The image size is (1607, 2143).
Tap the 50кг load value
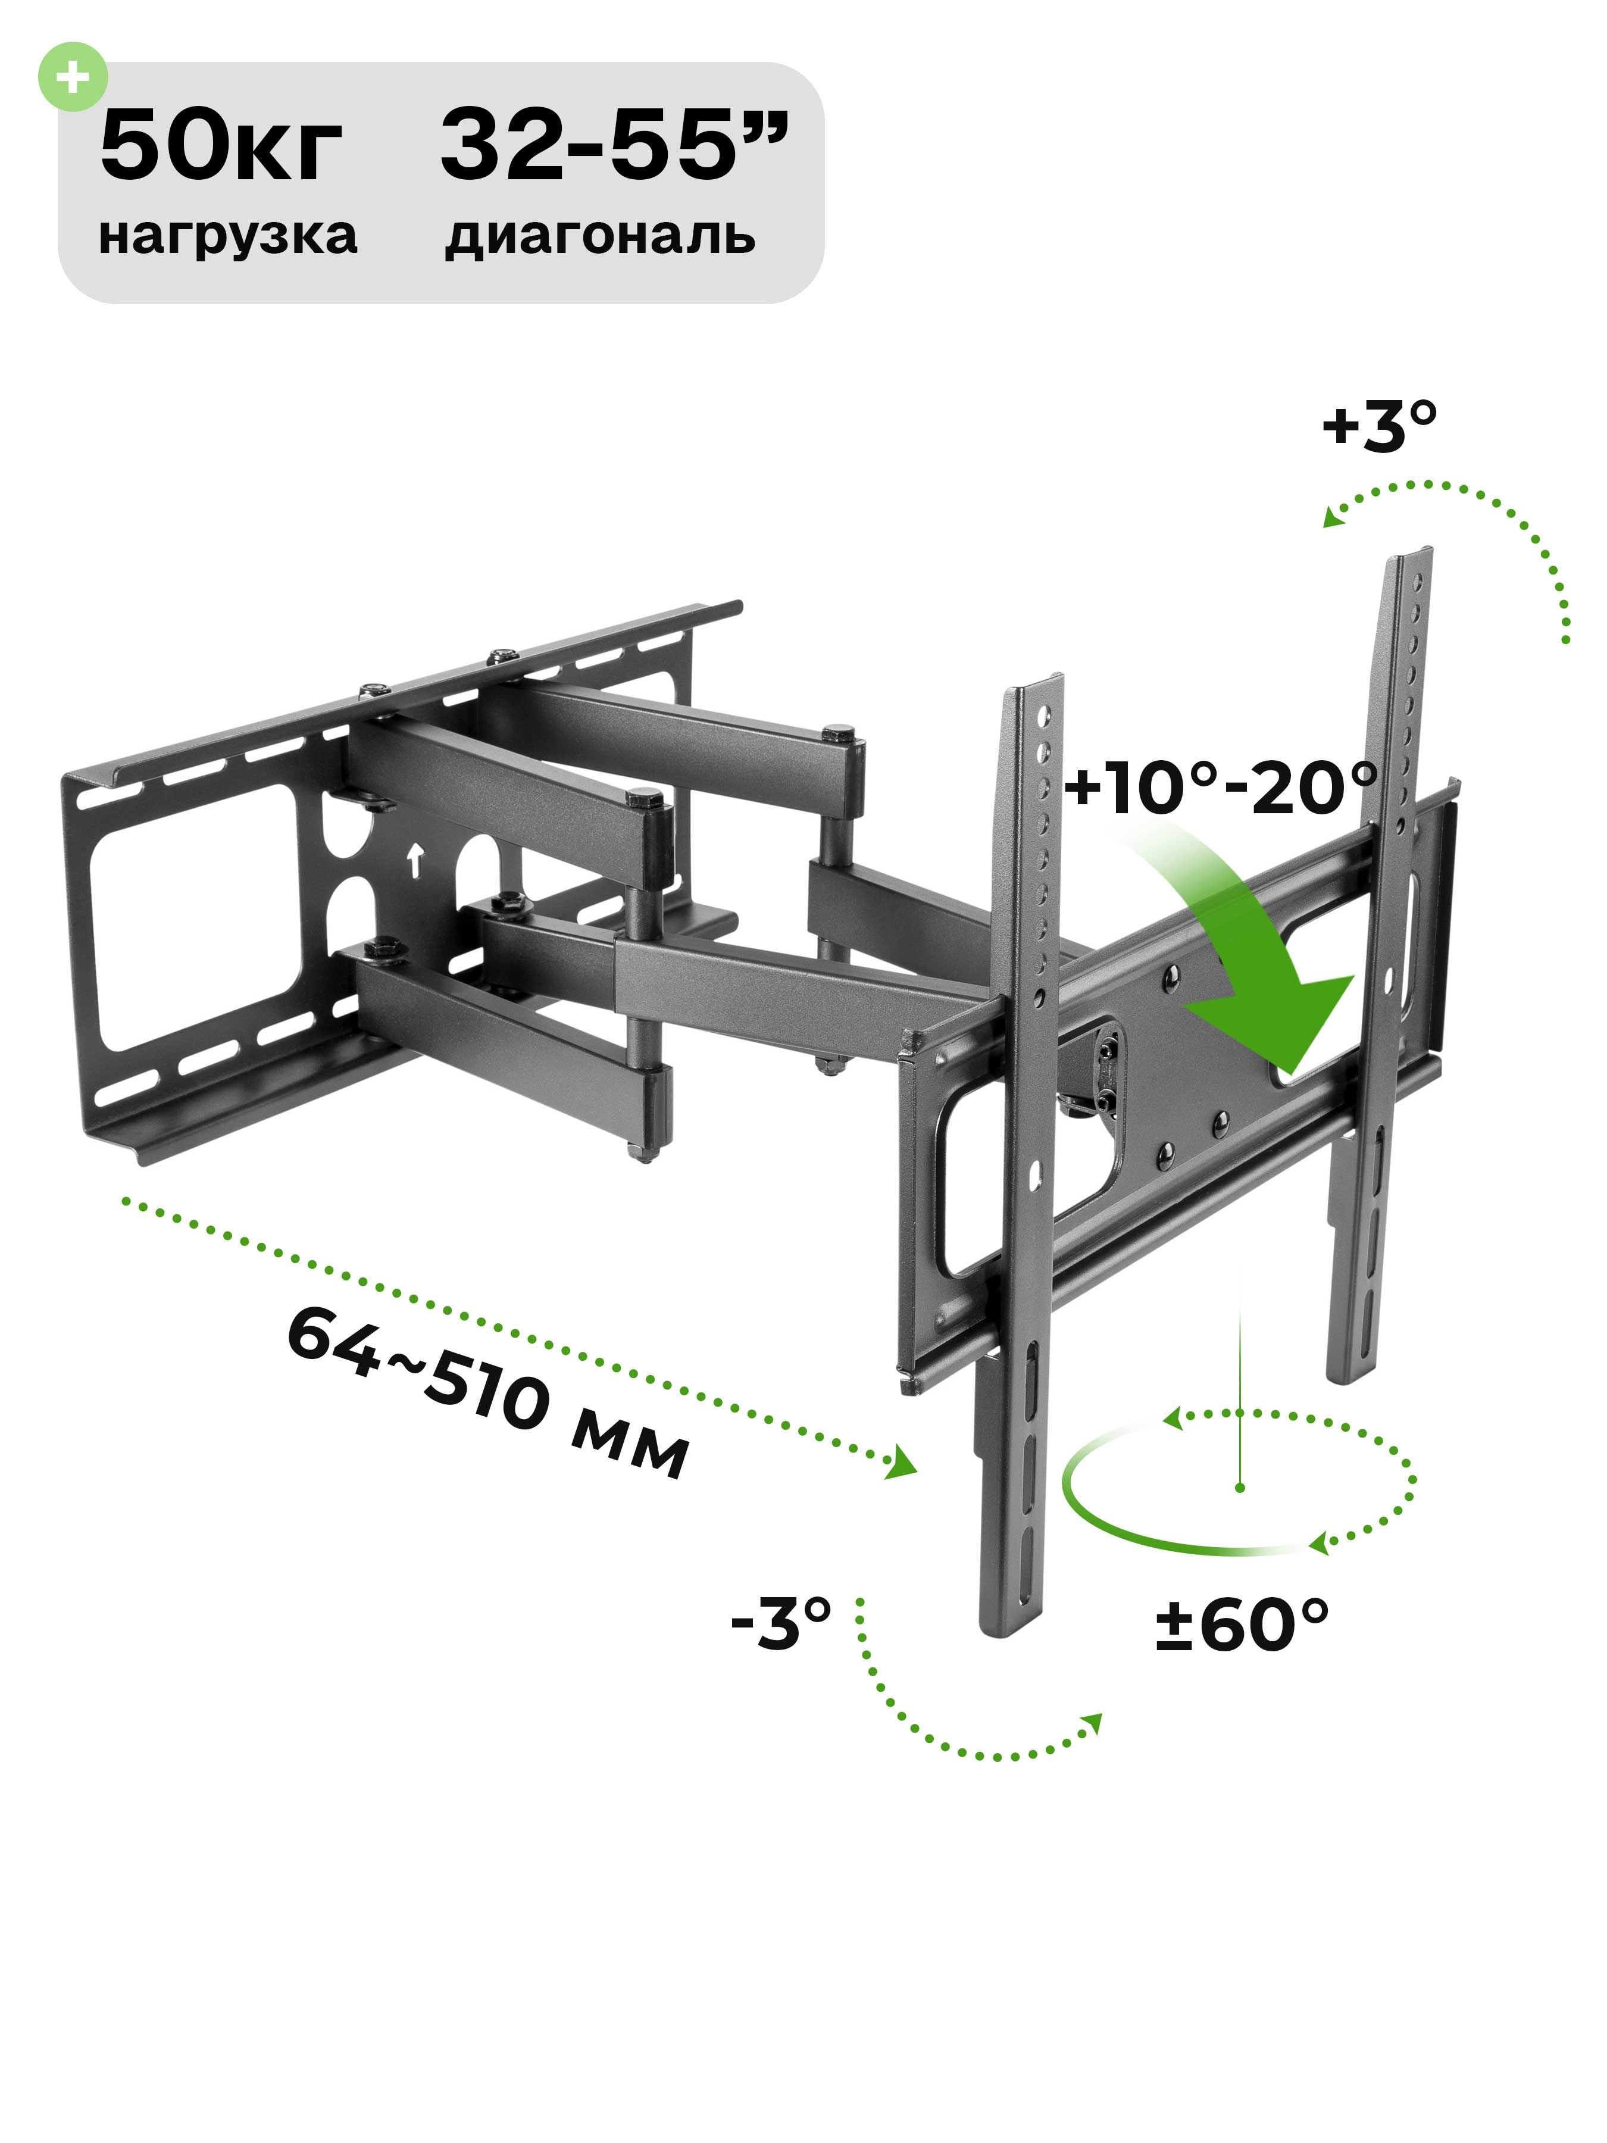221,147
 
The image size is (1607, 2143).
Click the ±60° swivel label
1241,1624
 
